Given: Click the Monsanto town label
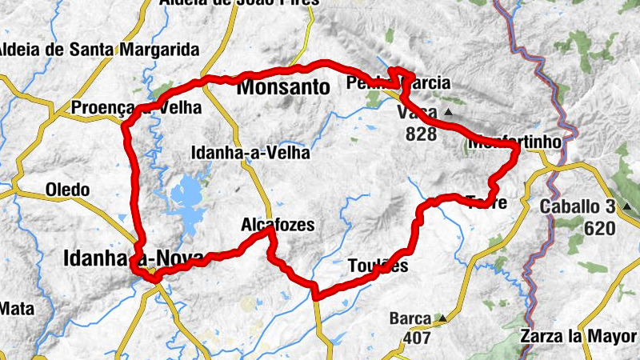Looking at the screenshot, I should [283, 88].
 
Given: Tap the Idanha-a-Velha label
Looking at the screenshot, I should [250, 153].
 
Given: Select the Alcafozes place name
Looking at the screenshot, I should [278, 226].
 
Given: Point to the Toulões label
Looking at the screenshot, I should [378, 266].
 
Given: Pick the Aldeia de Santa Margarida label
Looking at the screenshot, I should [99, 50].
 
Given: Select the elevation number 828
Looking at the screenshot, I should [422, 134].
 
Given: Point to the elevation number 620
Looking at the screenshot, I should [599, 230].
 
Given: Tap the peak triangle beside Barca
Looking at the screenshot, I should [442, 318].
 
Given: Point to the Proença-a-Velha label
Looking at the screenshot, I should [136, 107].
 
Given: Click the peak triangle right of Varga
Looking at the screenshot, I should [448, 113].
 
